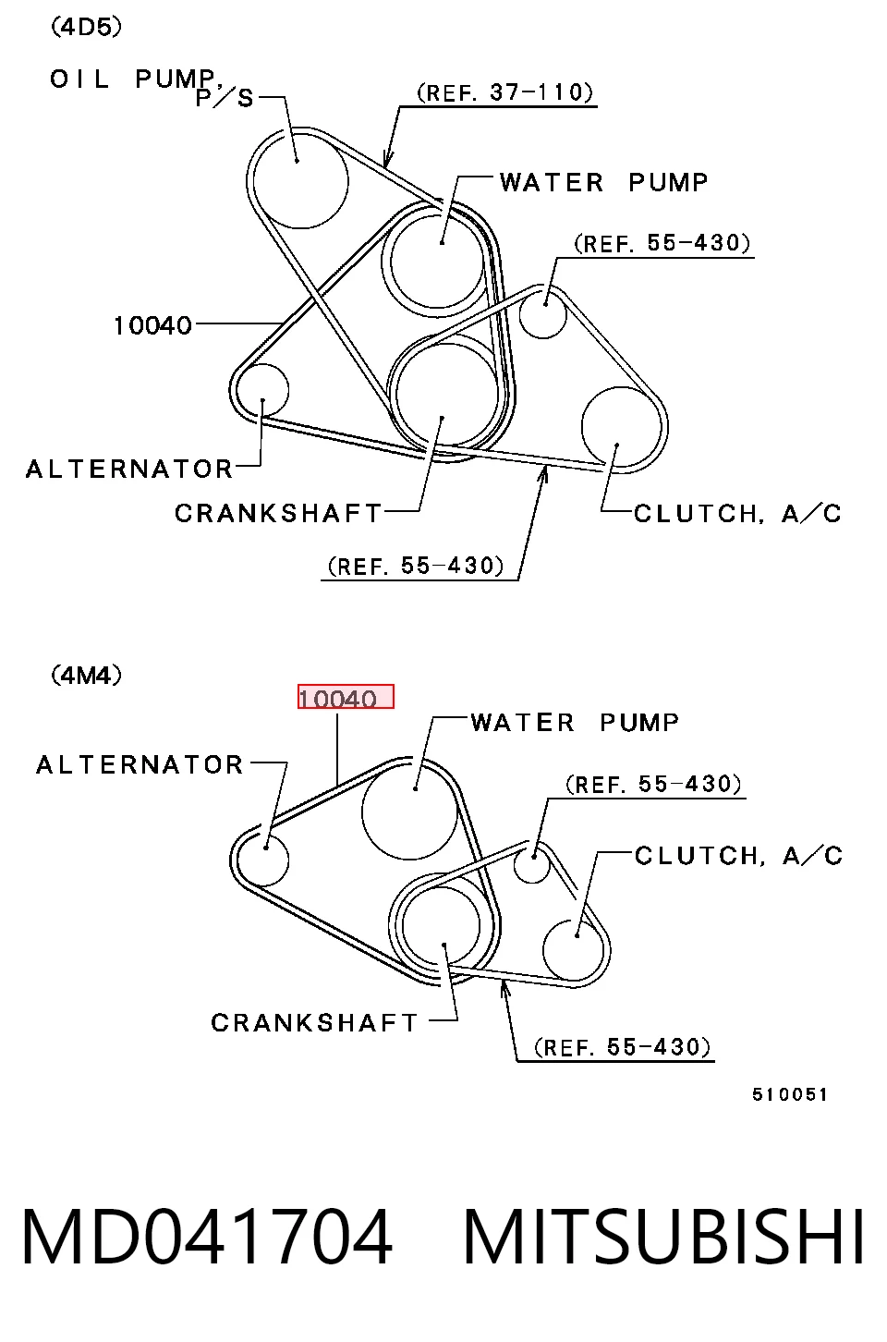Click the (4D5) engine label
click(x=86, y=27)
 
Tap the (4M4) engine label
click(x=86, y=676)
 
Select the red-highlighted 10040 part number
click(x=346, y=697)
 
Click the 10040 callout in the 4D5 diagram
click(x=152, y=325)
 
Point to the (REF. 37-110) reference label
click(x=504, y=92)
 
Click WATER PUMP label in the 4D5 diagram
click(x=603, y=182)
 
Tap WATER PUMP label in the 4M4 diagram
click(x=575, y=722)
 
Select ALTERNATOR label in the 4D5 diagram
click(x=129, y=469)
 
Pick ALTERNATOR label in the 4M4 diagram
click(x=140, y=764)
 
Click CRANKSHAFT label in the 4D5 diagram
click(x=278, y=513)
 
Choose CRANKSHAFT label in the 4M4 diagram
click(x=314, y=1023)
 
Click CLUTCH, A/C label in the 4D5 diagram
click(x=737, y=514)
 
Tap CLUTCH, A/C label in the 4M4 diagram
click(x=738, y=856)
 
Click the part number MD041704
click(x=207, y=1238)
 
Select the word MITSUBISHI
click(x=663, y=1238)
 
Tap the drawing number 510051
click(x=789, y=1094)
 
